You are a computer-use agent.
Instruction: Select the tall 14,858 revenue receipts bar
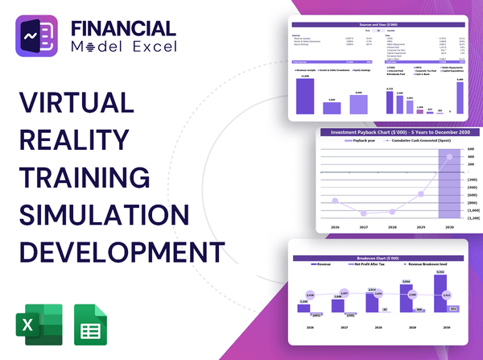tap(305, 95)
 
